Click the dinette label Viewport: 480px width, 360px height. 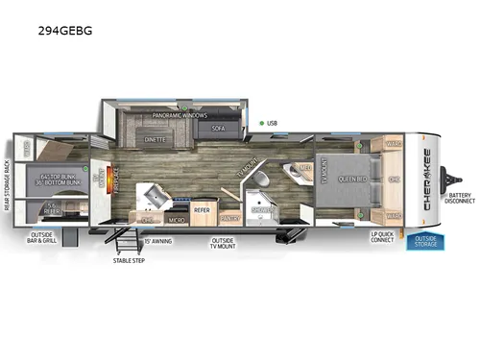pyautogui.click(x=155, y=139)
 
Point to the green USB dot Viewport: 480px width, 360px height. pyautogui.click(x=260, y=123)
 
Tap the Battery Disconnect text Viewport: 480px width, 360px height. pyautogui.click(x=458, y=198)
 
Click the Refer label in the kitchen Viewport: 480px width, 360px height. pyautogui.click(x=202, y=208)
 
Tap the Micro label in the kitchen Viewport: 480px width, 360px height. pyautogui.click(x=178, y=220)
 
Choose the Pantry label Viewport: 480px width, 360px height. pyautogui.click(x=229, y=219)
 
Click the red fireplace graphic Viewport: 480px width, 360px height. pyautogui.click(x=111, y=180)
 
